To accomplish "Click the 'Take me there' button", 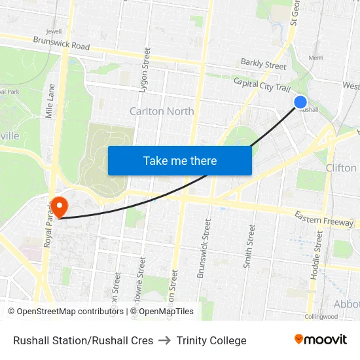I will click(x=180, y=160).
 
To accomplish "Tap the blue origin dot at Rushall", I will click(x=300, y=101).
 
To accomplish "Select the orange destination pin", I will click(x=59, y=207).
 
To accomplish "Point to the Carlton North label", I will click(x=162, y=111).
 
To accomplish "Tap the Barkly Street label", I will click(x=263, y=65).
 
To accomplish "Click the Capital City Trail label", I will click(x=262, y=85).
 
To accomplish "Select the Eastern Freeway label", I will click(x=323, y=219).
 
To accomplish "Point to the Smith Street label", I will click(x=249, y=246).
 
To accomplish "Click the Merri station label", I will click(x=315, y=58).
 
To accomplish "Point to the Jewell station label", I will click(x=54, y=31).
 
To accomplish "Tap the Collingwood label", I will click(x=321, y=317).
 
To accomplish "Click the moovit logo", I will click(x=321, y=340).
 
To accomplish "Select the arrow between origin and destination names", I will click(x=165, y=340).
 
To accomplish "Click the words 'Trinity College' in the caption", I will click(x=211, y=340).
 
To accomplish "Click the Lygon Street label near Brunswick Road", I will click(x=147, y=68).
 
